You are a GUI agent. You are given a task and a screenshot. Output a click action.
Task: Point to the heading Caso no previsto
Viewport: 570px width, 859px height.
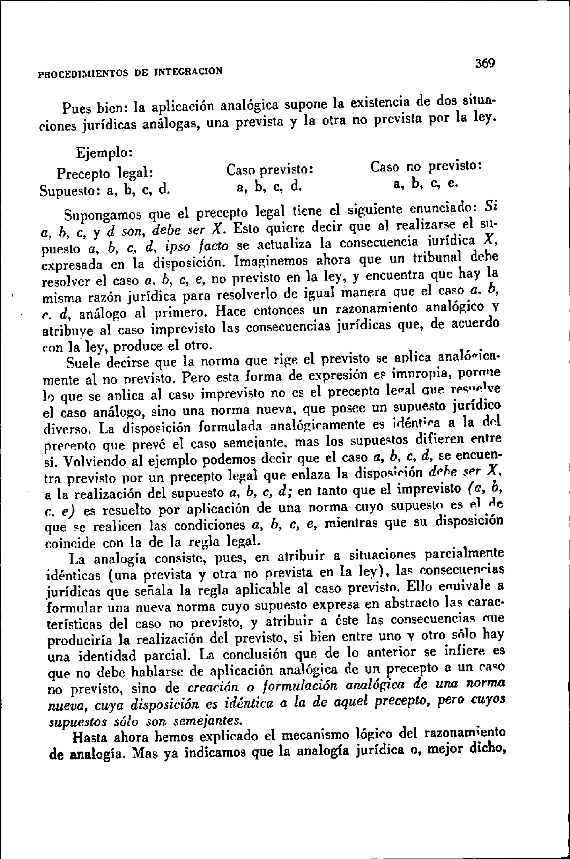[426, 166]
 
